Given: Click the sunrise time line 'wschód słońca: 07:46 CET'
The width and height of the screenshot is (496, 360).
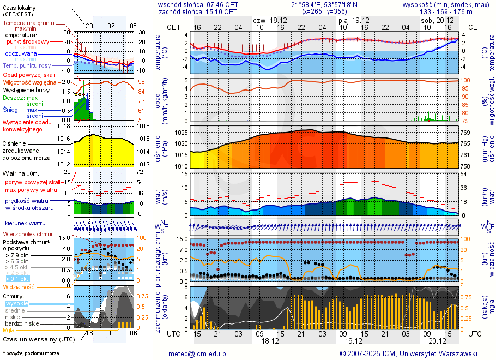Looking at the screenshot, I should pos(198,4).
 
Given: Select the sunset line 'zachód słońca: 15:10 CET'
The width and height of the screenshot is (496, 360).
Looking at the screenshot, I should pos(198,11).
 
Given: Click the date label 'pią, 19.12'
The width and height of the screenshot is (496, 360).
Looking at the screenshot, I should pos(353,20).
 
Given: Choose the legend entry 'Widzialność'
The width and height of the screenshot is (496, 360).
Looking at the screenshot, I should pos(19,286).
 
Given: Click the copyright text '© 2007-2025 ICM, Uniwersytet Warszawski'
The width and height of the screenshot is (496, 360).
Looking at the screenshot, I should pos(408,354).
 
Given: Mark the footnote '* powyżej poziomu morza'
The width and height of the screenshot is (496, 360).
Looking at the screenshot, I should pos(31,353).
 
